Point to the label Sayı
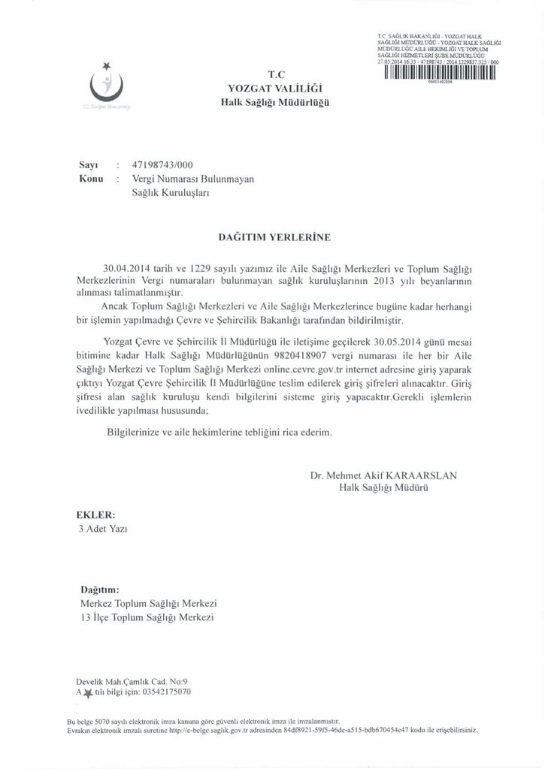[x=90, y=164]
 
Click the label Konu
[x=91, y=179]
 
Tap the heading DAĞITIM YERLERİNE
[x=274, y=237]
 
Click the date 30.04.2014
[x=132, y=268]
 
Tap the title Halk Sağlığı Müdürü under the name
[x=383, y=488]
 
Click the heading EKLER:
[x=96, y=516]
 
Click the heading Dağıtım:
[x=101, y=589]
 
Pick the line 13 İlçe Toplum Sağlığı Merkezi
[x=147, y=617]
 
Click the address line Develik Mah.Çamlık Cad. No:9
[x=126, y=681]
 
